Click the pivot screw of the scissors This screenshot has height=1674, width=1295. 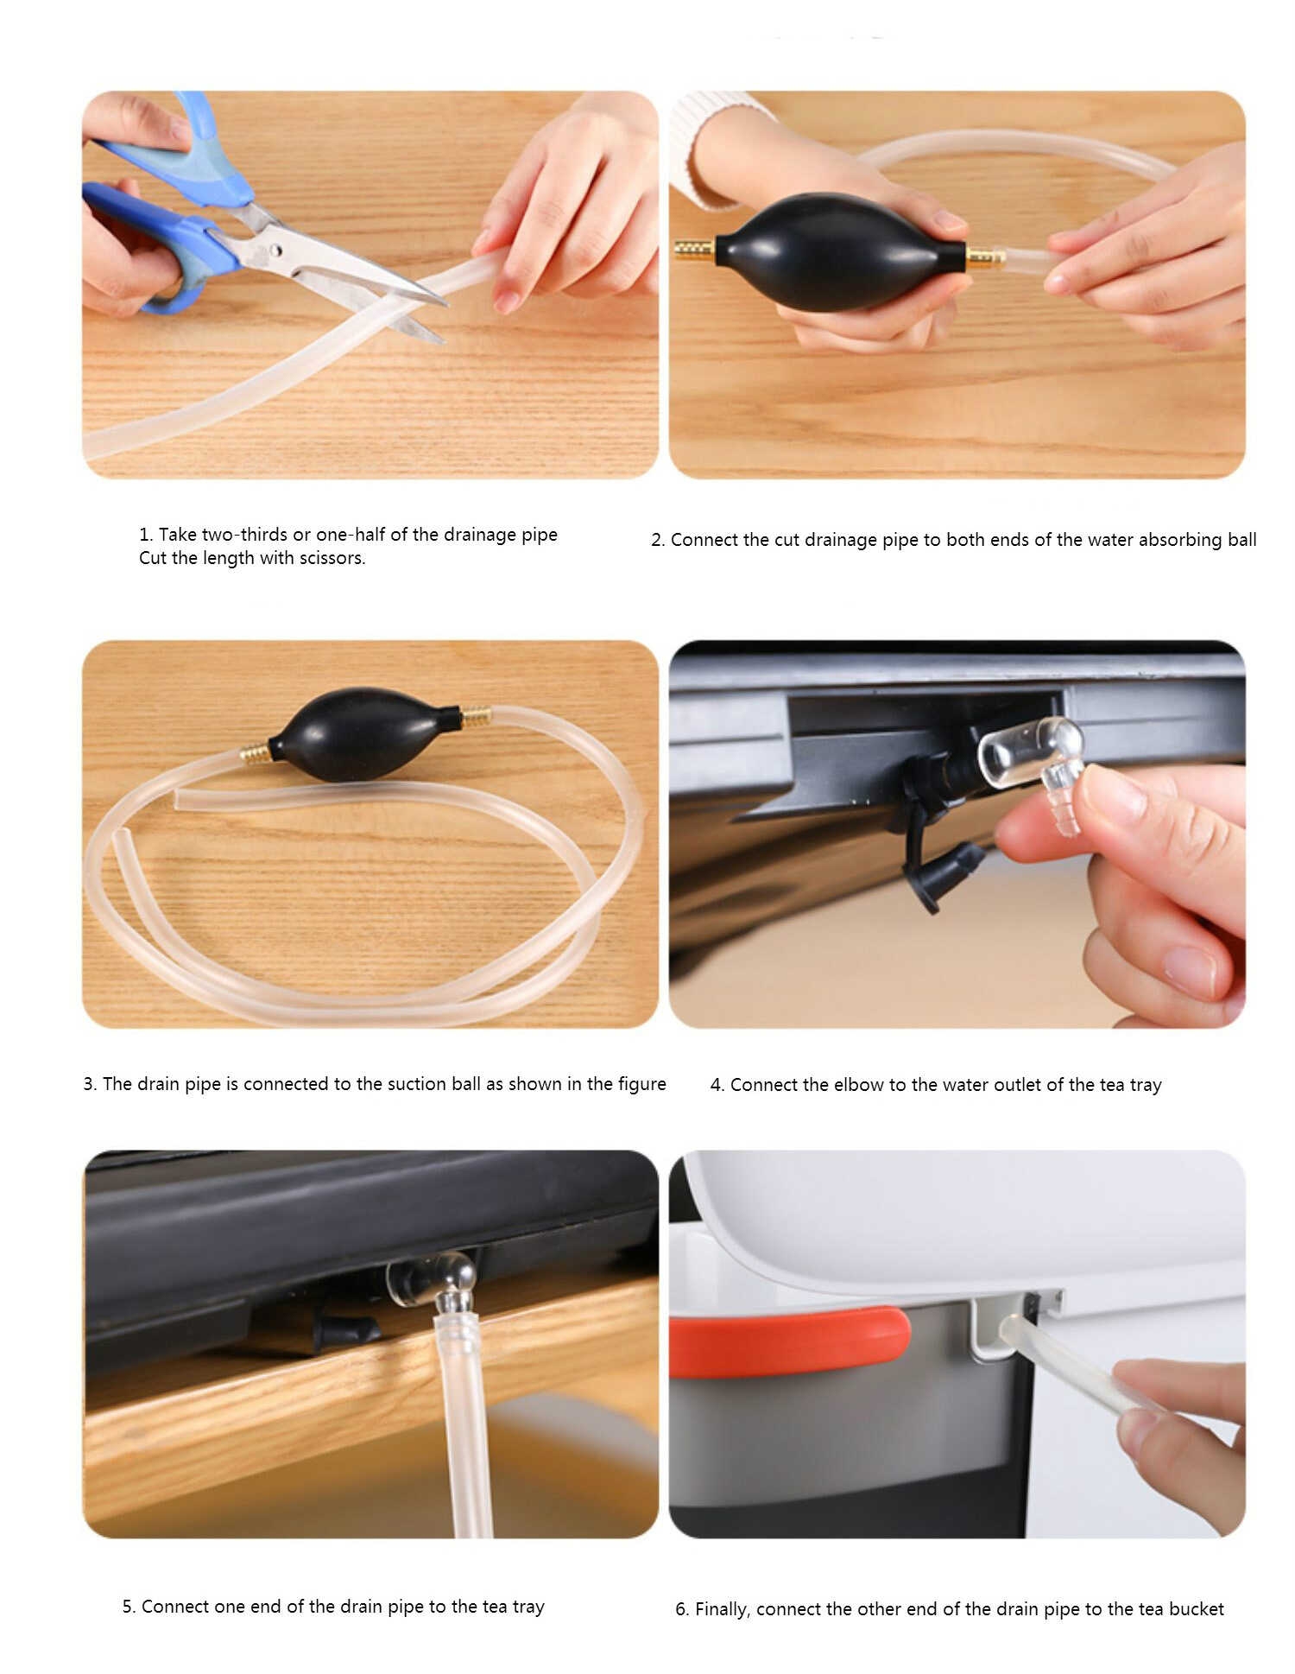[275, 250]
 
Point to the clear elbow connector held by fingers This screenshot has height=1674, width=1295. [1032, 760]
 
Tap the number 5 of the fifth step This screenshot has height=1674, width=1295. [127, 1607]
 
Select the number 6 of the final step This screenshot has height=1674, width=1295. [680, 1609]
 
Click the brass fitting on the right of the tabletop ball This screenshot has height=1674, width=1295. [475, 715]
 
